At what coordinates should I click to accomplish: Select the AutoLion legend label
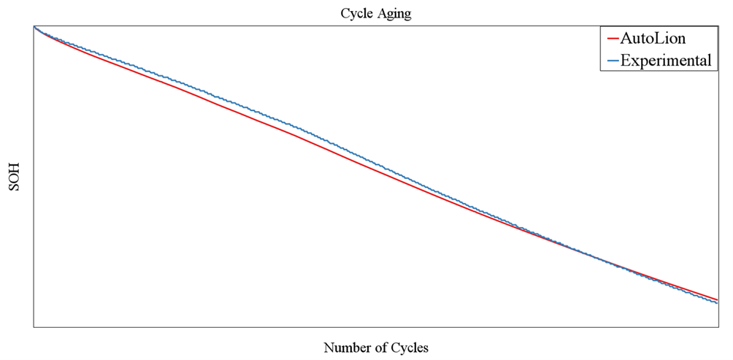(653, 39)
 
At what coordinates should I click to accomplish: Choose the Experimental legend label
(666, 61)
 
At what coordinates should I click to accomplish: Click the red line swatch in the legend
(612, 39)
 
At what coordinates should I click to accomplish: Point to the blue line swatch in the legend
(612, 61)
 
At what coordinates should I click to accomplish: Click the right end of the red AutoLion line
(717, 299)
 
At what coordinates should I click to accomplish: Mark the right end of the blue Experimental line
(717, 303)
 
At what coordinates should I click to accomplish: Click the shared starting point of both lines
(34, 26)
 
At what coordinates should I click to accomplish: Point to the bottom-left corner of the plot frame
(34, 326)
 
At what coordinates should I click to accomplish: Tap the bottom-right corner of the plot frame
(718, 326)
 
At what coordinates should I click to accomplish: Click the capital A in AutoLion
(625, 39)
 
